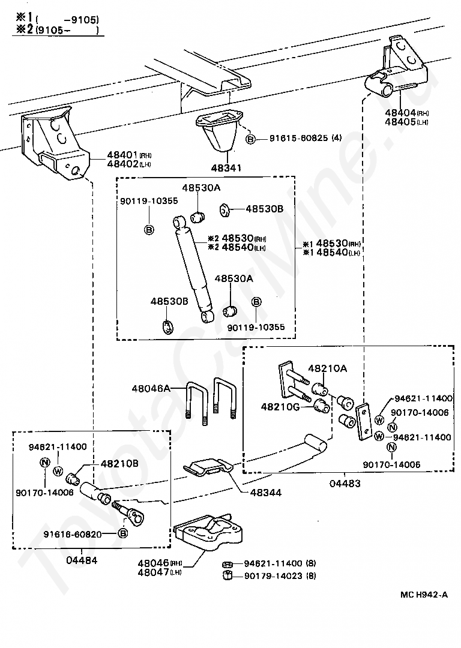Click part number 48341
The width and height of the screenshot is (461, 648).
pos(224,168)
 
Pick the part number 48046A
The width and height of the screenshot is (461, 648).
pos(151,389)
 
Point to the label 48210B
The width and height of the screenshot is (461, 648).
pos(119,463)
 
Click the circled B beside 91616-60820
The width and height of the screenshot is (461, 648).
pos(122,533)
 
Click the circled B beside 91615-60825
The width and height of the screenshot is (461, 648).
pos(252,139)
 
